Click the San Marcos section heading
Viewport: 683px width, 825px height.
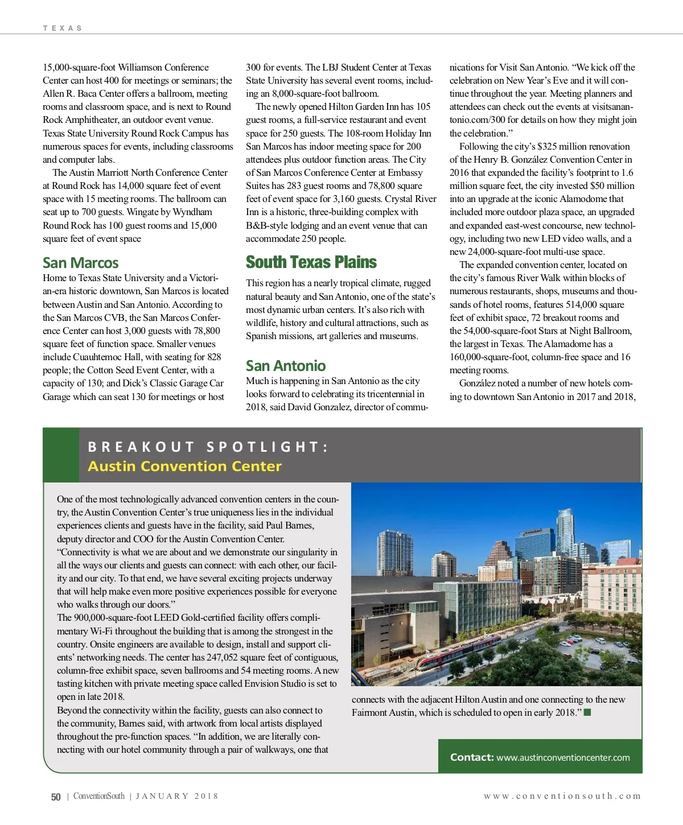coord(80,263)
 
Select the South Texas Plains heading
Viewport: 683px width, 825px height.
coord(311,262)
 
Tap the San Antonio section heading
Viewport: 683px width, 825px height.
coord(286,366)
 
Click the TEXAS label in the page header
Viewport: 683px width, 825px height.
coord(63,28)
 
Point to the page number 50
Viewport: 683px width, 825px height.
coord(56,797)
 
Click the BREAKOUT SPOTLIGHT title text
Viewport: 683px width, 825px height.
coord(208,447)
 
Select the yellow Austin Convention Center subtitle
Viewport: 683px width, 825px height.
coord(184,467)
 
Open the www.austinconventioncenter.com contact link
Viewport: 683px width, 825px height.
coord(563,758)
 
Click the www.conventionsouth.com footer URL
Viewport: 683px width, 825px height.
coord(562,797)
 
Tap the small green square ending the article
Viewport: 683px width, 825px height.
coord(587,712)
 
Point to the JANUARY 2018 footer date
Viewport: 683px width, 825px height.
coord(177,797)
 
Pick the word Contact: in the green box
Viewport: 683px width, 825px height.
coord(471,757)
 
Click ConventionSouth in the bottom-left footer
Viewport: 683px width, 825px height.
coord(98,797)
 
